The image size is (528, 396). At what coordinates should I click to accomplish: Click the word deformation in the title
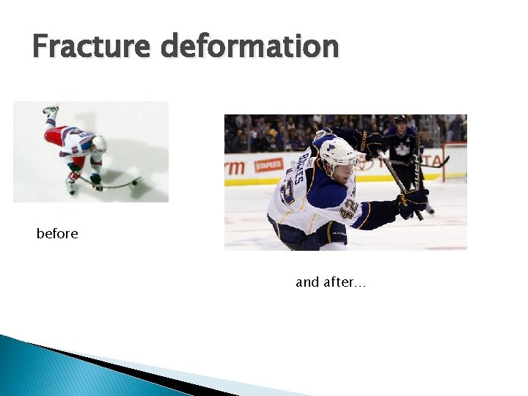[x=250, y=47]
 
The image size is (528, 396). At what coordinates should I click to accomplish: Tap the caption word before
[x=57, y=234]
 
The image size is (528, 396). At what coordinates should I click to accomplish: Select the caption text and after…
[x=330, y=282]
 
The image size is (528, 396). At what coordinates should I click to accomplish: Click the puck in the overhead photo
[x=135, y=183]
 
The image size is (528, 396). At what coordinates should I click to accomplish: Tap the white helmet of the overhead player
[x=98, y=143]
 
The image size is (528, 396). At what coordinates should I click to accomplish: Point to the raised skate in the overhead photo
[x=50, y=111]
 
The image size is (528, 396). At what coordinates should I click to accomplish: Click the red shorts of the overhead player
[x=56, y=135]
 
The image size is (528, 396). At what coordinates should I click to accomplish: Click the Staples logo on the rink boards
[x=268, y=165]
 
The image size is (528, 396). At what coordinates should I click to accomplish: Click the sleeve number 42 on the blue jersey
[x=349, y=208]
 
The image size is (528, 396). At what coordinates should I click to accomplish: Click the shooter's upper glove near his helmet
[x=373, y=142]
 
